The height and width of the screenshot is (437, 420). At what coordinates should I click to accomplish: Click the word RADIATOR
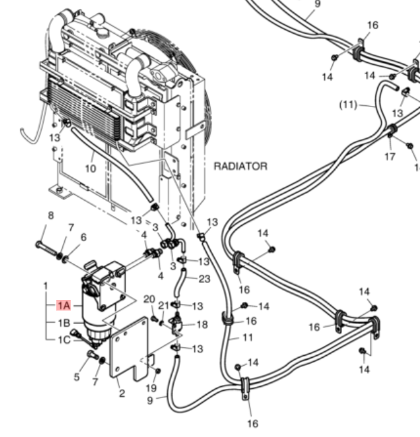[x=241, y=166]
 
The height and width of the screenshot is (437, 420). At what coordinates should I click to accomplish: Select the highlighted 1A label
[x=64, y=306]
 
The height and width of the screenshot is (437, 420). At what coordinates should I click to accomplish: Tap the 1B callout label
[x=64, y=323]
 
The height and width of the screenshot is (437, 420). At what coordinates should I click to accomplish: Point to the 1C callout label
[x=64, y=340]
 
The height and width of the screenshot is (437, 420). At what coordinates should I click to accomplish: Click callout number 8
[x=51, y=216]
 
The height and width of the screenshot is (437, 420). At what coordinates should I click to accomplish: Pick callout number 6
[x=83, y=237]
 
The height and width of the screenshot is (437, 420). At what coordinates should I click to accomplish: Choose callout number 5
[x=77, y=377]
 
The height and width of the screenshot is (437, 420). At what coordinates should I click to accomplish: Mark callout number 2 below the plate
[x=122, y=393]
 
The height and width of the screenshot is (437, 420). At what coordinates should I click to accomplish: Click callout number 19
[x=151, y=388]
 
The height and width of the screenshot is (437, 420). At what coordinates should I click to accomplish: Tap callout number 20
[x=150, y=299]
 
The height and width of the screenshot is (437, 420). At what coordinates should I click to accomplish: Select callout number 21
[x=164, y=306]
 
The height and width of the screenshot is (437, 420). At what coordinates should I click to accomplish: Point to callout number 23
[x=204, y=279]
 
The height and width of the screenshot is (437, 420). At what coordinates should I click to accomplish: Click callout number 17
[x=390, y=156]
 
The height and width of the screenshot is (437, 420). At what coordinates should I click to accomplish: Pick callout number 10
[x=90, y=168]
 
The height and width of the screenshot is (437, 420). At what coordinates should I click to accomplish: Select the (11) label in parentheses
[x=348, y=105]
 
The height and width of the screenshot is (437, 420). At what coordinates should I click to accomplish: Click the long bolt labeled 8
[x=47, y=249]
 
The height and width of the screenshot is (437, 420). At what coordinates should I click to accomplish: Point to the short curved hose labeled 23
[x=179, y=282]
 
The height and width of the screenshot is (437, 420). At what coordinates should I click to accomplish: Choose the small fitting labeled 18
[x=177, y=324]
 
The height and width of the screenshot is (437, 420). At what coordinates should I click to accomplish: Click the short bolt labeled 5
[x=92, y=355]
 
